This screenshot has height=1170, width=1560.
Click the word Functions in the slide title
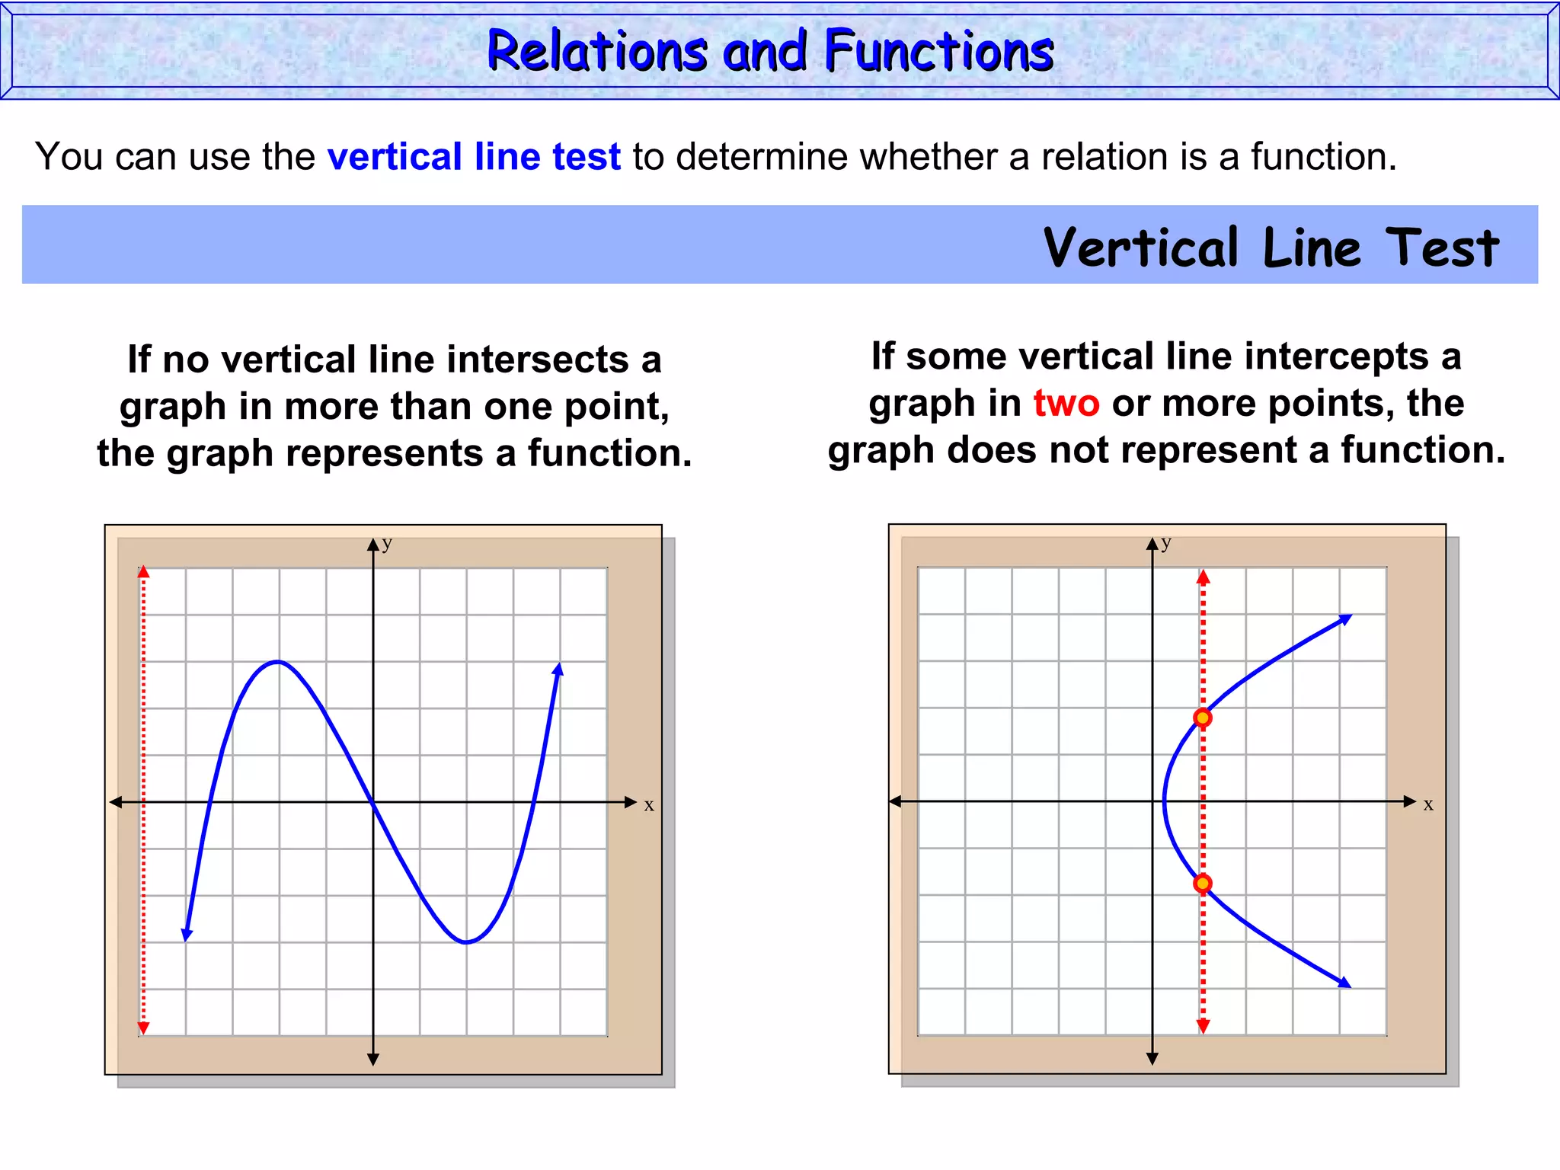(x=938, y=51)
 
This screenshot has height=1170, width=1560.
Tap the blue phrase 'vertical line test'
(x=474, y=157)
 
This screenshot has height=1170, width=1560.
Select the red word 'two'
(x=1066, y=403)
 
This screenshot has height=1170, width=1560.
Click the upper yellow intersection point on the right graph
(x=1203, y=718)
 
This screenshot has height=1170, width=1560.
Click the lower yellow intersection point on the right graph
(x=1203, y=884)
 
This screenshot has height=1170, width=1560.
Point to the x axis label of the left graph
(x=649, y=805)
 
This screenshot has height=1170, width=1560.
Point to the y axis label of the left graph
(x=387, y=542)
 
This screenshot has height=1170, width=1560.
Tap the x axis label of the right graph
(x=1428, y=804)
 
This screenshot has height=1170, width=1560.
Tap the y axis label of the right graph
(x=1166, y=542)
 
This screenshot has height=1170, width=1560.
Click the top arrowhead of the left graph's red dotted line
(x=143, y=573)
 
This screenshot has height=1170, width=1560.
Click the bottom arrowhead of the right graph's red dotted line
(x=1203, y=1026)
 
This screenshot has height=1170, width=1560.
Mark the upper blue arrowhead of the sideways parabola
(x=1345, y=619)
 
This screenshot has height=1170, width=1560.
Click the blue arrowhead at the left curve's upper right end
(x=558, y=670)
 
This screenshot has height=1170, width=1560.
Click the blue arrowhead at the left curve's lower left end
(x=187, y=935)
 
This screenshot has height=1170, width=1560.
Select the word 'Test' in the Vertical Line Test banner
(x=1441, y=248)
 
